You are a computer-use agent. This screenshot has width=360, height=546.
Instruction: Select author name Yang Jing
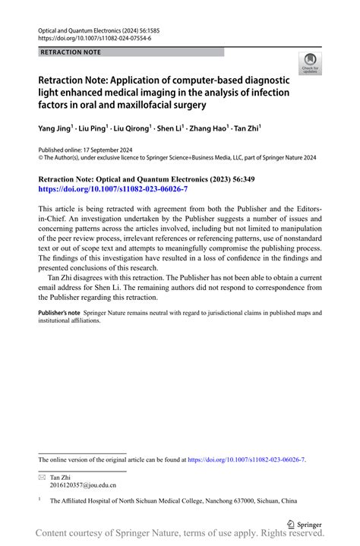tap(54, 129)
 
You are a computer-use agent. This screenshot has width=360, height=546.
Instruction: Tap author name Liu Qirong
tap(133, 129)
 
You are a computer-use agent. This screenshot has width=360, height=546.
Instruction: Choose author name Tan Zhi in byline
tap(245, 129)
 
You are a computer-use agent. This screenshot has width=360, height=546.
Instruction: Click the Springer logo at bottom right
tap(305, 524)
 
